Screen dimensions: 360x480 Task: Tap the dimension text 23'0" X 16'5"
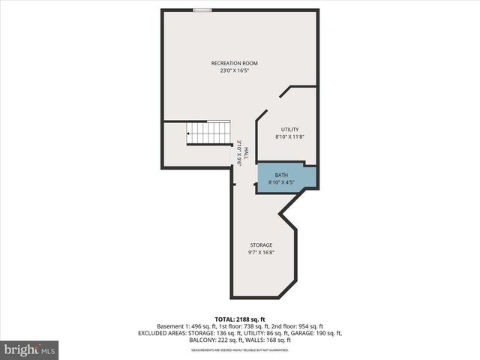pos(239,70)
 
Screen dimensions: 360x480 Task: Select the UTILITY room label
pos(289,130)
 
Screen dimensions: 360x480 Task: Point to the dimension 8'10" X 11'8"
pos(289,137)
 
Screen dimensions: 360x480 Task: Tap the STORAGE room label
pos(261,245)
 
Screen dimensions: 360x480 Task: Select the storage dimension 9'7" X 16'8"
pos(261,253)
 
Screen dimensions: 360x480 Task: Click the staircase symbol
pos(208,133)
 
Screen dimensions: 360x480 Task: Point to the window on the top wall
pos(202,10)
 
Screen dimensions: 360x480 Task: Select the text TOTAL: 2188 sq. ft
pos(239,319)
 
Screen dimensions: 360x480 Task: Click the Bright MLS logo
pos(30,349)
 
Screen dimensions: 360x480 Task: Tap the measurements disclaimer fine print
pos(239,350)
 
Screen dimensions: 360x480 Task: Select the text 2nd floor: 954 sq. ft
pos(297,326)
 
